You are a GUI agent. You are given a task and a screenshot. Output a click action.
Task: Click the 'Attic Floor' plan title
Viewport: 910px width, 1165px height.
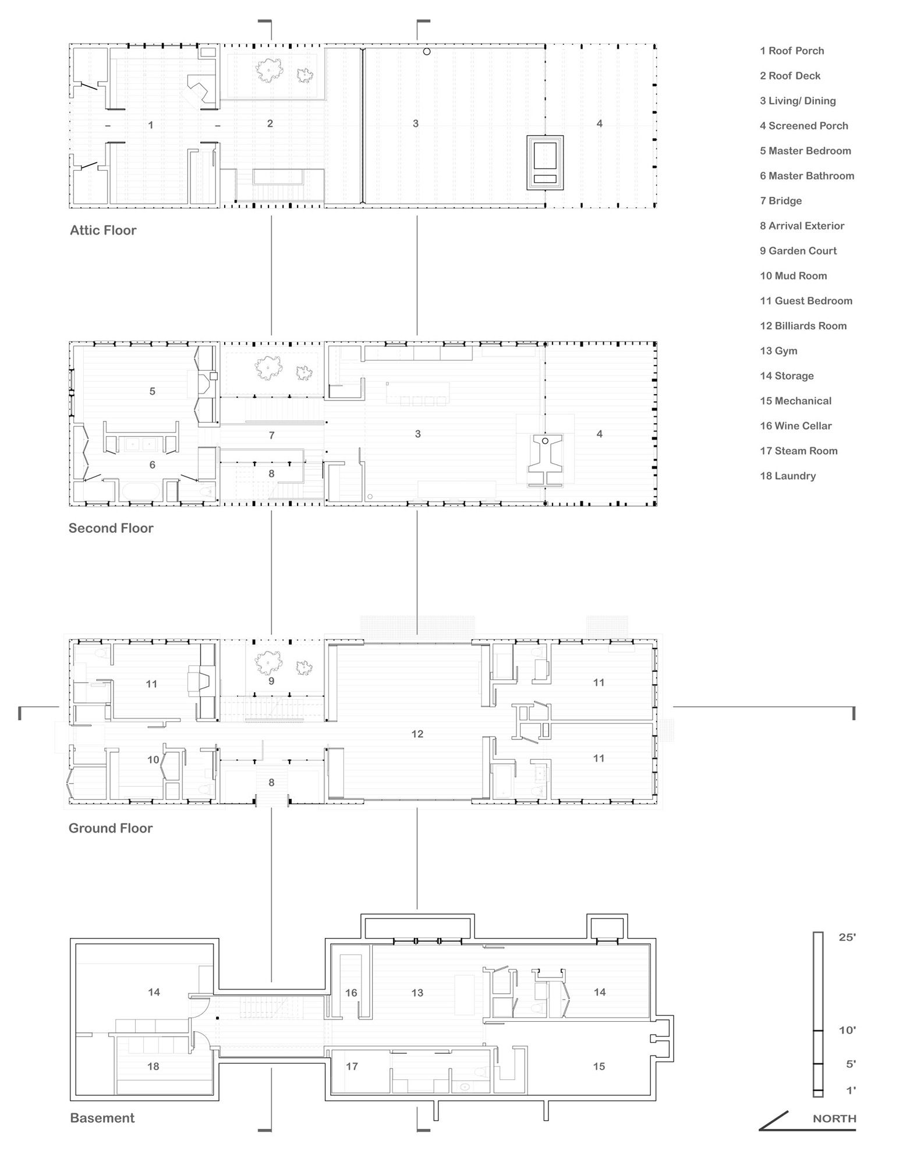point(103,230)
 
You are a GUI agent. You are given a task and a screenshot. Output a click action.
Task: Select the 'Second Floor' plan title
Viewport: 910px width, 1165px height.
point(111,528)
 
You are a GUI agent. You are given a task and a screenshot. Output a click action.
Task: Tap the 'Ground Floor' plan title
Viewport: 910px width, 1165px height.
point(111,828)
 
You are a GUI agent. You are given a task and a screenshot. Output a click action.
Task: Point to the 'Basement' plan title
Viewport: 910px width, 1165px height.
point(102,1118)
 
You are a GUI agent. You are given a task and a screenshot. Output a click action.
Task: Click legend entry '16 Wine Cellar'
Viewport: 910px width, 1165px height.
point(795,426)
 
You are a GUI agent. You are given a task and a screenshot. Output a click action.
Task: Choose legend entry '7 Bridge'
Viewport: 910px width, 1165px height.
point(780,201)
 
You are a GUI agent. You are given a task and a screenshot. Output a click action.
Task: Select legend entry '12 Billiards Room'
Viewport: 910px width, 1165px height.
point(803,326)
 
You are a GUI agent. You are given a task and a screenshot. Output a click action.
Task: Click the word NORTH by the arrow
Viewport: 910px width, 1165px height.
point(834,1118)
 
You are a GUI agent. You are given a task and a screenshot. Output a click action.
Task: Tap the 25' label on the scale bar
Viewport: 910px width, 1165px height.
point(847,937)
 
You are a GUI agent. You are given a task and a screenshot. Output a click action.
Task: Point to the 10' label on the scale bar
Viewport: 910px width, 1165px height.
point(847,1031)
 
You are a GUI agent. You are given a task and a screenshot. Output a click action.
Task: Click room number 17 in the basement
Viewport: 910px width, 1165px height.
point(352,1066)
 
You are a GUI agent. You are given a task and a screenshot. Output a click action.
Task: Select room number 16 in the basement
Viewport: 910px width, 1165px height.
point(351,993)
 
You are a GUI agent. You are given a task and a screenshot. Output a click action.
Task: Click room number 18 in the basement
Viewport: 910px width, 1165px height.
point(153,1066)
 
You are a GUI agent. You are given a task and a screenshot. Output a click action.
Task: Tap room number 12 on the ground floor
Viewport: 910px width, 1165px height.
point(417,734)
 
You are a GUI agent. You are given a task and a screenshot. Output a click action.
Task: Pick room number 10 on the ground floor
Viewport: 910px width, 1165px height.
point(153,760)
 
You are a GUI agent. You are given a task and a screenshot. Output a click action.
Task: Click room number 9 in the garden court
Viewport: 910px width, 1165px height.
point(271,681)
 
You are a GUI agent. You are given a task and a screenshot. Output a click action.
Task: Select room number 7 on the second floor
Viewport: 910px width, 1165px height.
point(271,435)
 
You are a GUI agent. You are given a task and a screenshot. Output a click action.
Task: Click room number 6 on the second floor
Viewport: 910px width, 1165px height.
point(153,465)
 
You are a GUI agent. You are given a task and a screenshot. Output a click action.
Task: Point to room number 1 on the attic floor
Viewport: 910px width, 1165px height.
point(151,125)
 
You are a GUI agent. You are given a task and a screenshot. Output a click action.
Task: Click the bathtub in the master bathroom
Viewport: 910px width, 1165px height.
point(140,491)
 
